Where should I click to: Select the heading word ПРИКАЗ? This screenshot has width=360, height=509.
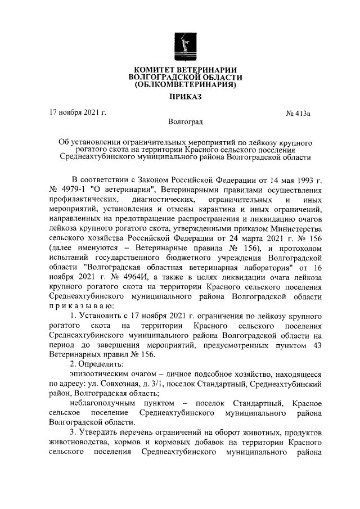click(185, 97)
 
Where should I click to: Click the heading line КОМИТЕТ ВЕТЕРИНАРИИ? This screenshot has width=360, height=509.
click(185, 69)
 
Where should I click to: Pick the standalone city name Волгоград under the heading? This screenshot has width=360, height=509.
click(185, 121)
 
